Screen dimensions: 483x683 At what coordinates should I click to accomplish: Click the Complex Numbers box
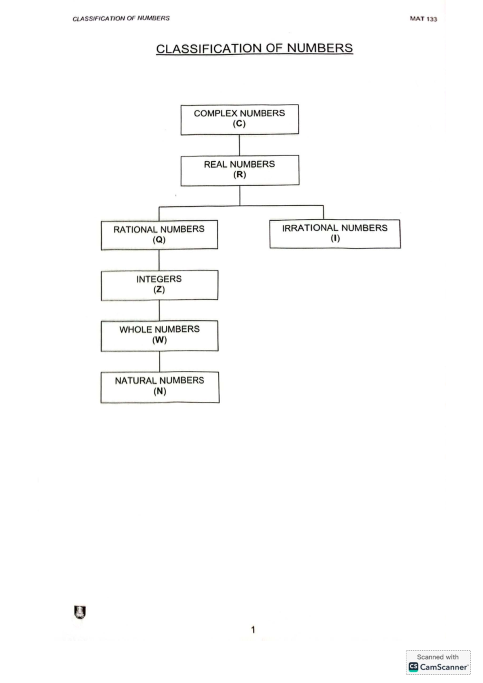click(x=239, y=119)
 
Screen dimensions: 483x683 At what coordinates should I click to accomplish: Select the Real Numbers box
click(x=240, y=171)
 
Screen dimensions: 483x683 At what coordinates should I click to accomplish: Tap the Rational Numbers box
click(x=159, y=235)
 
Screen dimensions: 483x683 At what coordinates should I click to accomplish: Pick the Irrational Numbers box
click(x=335, y=234)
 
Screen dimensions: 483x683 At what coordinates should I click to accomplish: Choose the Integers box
click(x=159, y=285)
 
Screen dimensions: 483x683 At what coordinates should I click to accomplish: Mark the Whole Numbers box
click(x=159, y=336)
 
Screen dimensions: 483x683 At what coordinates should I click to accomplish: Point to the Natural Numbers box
click(x=160, y=387)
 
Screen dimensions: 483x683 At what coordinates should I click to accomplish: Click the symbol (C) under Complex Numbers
click(x=239, y=124)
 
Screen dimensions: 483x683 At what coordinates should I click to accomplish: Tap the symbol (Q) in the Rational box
click(x=159, y=240)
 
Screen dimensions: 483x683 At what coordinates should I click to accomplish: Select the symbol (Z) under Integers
click(x=159, y=289)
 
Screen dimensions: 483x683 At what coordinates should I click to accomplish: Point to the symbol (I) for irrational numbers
click(x=335, y=238)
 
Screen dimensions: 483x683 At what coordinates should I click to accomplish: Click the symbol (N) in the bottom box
click(x=160, y=391)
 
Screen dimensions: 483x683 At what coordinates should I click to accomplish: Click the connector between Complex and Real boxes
click(x=239, y=145)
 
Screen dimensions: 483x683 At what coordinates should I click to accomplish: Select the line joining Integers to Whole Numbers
click(x=159, y=311)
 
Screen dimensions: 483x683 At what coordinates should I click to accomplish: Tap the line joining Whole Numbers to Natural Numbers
click(x=159, y=362)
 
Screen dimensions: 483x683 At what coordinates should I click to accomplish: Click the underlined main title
click(x=254, y=49)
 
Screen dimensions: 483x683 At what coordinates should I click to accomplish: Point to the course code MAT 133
click(x=423, y=19)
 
